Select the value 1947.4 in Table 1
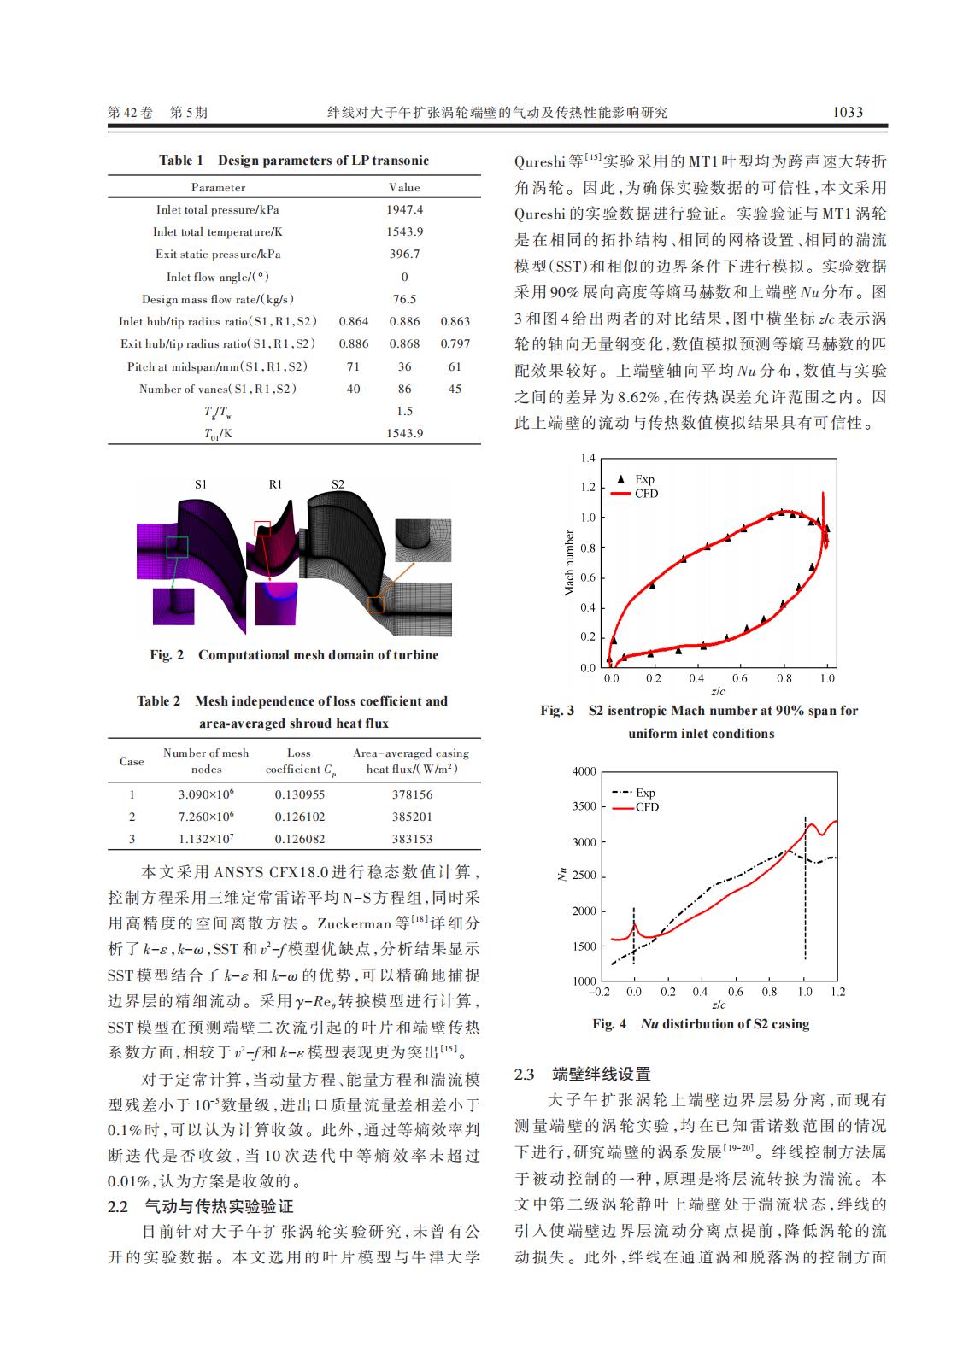tap(404, 209)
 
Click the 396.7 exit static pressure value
tap(404, 254)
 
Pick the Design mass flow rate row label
tap(218, 299)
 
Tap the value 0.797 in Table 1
tap(455, 343)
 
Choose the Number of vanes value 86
tap(404, 389)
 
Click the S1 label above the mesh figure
tap(200, 484)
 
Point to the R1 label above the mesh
tap(275, 484)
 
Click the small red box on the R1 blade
tap(262, 529)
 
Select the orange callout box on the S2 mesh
tap(376, 604)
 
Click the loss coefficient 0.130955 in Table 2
tap(299, 794)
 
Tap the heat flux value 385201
tap(412, 817)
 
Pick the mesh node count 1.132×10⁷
tap(206, 839)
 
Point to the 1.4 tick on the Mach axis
tap(587, 459)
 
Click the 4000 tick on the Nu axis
tap(584, 771)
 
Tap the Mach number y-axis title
tap(570, 563)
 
